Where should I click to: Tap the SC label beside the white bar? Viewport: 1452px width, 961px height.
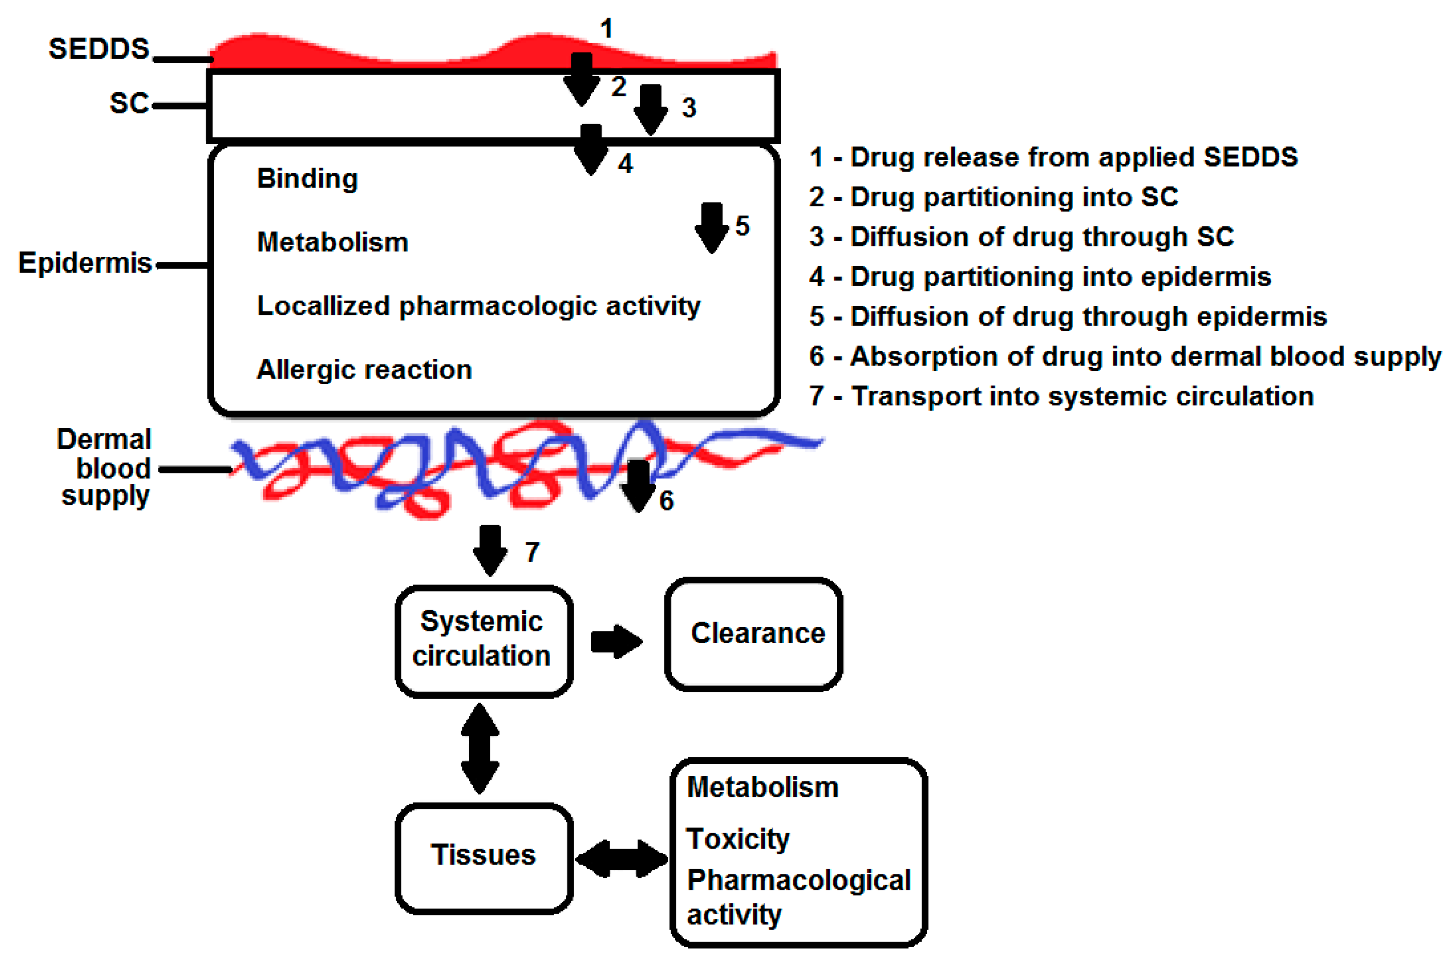pyautogui.click(x=129, y=103)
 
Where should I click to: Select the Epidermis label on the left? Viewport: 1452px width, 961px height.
pyautogui.click(x=85, y=263)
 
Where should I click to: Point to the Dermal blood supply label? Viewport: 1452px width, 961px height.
pyautogui.click(x=105, y=468)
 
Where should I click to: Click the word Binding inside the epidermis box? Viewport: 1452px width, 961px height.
pyautogui.click(x=307, y=179)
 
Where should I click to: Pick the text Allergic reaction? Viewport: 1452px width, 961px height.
pyautogui.click(x=364, y=370)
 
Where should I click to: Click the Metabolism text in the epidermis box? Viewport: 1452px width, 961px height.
pyautogui.click(x=332, y=243)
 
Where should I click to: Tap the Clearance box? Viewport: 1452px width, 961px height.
pyautogui.click(x=753, y=634)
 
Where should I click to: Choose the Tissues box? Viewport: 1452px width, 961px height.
pyautogui.click(x=483, y=856)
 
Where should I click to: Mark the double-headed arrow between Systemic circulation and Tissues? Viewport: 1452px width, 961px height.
pyautogui.click(x=480, y=748)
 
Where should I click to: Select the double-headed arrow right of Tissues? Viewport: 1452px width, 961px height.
pyautogui.click(x=621, y=858)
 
